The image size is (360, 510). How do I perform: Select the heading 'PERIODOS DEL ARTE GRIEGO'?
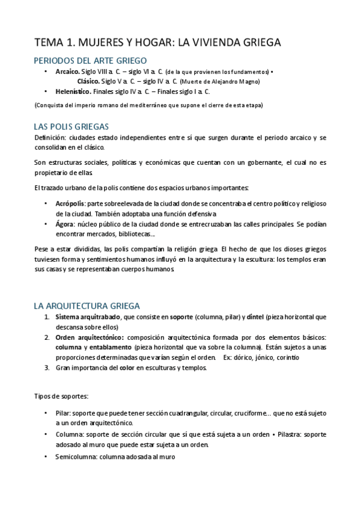click(x=90, y=60)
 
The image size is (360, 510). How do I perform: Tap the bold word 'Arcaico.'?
click(x=67, y=72)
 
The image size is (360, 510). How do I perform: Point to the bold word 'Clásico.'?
click(x=88, y=81)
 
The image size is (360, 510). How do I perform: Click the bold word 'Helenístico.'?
click(x=73, y=91)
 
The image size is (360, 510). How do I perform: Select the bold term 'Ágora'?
click(x=64, y=224)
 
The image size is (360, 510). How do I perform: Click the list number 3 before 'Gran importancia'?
click(x=47, y=368)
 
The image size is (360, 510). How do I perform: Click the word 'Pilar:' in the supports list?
click(x=62, y=414)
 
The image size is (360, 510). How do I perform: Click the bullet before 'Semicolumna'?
click(x=47, y=456)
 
